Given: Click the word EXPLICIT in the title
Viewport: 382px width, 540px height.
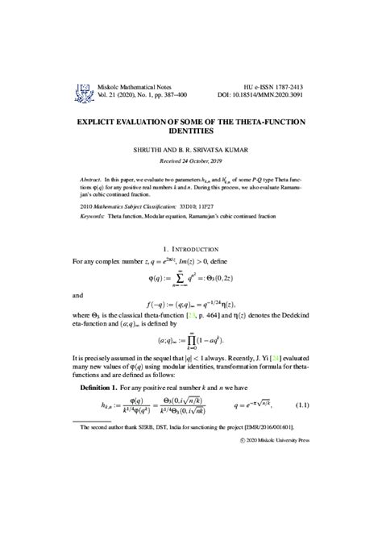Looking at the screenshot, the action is (102, 121).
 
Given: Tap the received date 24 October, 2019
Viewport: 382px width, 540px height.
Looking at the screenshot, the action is (201, 160).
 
